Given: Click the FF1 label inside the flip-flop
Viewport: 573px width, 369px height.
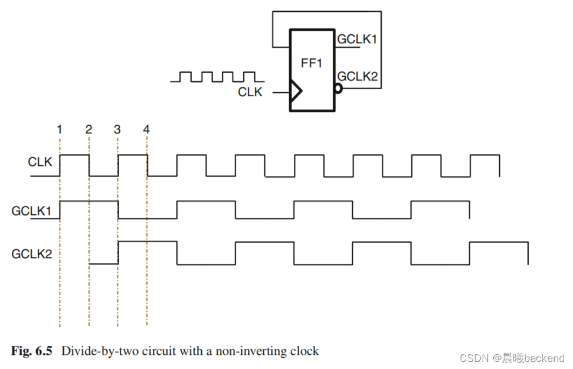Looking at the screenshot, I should click(312, 63).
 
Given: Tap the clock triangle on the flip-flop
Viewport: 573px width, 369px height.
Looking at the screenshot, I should click(296, 92).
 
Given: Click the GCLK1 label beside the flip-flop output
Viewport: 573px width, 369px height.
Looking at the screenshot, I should click(357, 40).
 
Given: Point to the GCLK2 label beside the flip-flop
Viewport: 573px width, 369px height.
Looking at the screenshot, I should click(358, 76).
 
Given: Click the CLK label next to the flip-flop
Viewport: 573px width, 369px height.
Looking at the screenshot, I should click(250, 92).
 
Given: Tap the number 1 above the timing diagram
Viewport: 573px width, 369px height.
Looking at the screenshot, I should click(60, 129).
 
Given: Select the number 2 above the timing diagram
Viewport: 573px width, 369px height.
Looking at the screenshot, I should click(89, 129).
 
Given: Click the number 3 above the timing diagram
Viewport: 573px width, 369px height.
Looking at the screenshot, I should click(117, 129).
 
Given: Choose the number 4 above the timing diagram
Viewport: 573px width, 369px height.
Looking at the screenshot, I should click(146, 129).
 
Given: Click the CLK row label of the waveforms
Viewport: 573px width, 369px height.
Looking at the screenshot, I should click(40, 162).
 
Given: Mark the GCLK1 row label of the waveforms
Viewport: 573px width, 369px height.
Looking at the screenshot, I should click(32, 210).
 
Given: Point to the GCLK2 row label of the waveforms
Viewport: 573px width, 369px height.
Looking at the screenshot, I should click(32, 254).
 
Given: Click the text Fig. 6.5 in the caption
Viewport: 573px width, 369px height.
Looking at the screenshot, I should click(32, 351).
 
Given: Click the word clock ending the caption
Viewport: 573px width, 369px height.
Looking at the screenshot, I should click(304, 351).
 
